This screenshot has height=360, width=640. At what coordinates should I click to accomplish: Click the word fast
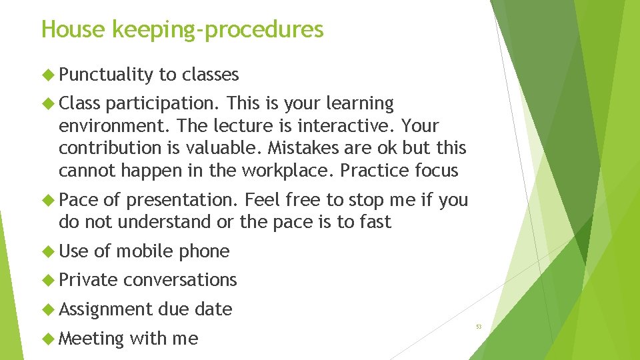(373, 222)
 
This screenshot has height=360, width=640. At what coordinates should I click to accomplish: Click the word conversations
(180, 280)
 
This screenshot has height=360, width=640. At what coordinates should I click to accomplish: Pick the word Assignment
(106, 310)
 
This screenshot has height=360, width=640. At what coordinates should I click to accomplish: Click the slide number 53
(479, 327)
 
